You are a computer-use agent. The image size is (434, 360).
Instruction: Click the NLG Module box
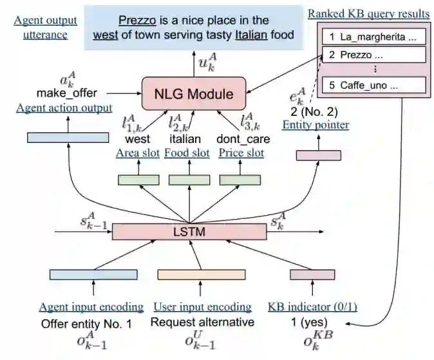[x=193, y=95]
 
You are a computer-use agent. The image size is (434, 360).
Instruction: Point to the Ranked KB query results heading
[x=368, y=14]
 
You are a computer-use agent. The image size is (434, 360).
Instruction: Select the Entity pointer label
[x=316, y=124]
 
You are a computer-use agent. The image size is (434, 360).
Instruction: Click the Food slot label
[x=187, y=153]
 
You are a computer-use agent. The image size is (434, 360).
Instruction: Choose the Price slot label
[x=241, y=153]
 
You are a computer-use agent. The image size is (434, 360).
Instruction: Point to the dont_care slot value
[x=243, y=139]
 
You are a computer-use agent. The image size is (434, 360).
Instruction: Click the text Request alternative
[x=203, y=322]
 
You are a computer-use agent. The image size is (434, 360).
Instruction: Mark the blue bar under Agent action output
[x=68, y=137]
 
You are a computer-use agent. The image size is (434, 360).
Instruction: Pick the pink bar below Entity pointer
[x=318, y=155]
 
